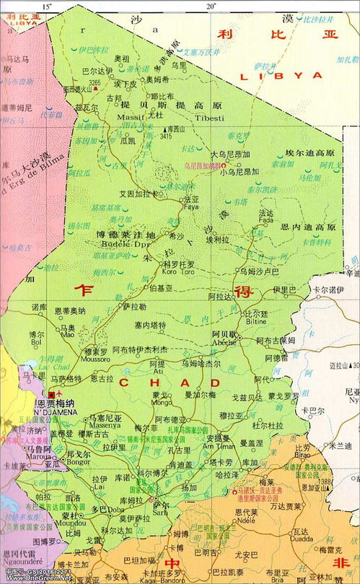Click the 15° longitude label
pos(48,6)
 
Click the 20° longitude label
pos(211,6)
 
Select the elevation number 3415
pos(166,135)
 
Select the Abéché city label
pos(224,344)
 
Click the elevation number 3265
pos(95,83)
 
